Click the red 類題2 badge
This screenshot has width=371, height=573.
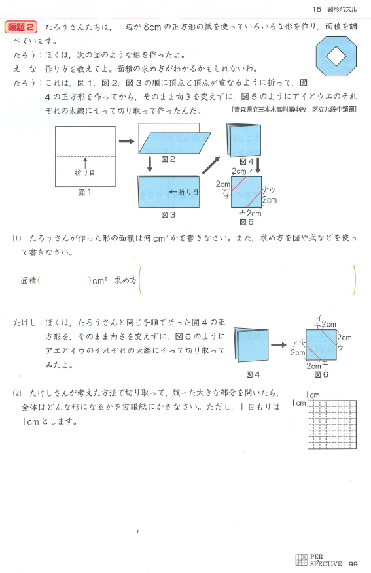tap(21, 27)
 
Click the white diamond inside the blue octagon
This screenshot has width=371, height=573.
tap(336, 56)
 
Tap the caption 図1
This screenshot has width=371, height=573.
tap(84, 193)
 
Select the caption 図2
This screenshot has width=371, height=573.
tap(168, 159)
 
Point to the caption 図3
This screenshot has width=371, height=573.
tap(168, 215)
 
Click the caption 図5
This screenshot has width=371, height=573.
tap(247, 222)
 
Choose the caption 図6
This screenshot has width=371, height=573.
tap(321, 374)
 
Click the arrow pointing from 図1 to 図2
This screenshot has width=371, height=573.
tap(127, 141)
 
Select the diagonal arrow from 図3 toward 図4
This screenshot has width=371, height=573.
tap(211, 165)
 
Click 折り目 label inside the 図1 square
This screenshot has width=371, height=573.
tap(85, 172)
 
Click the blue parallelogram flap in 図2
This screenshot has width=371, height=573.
tap(175, 142)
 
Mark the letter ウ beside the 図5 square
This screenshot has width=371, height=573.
tap(272, 190)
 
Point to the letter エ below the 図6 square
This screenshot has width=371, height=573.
tap(325, 363)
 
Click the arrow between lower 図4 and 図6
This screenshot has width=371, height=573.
tap(279, 344)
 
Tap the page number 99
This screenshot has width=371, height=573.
tap(353, 564)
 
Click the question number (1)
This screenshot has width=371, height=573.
tap(17, 238)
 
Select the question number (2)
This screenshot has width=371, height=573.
tap(17, 393)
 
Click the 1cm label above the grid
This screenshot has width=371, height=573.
tap(313, 395)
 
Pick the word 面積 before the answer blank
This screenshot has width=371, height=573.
tap(29, 281)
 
